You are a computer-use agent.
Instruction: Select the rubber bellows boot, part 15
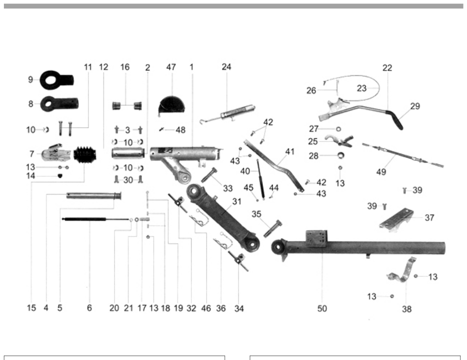85,154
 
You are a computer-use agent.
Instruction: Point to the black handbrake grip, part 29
394,119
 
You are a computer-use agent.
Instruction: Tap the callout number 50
322,308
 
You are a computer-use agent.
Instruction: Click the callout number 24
226,67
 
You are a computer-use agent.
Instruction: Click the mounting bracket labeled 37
396,220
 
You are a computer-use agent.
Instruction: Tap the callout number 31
236,202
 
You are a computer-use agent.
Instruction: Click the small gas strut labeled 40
260,178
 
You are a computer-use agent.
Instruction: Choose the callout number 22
387,68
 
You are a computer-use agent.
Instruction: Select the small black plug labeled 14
60,176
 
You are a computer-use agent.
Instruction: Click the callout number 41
290,152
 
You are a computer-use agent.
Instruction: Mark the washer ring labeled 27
338,129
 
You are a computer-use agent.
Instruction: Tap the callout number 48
181,130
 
